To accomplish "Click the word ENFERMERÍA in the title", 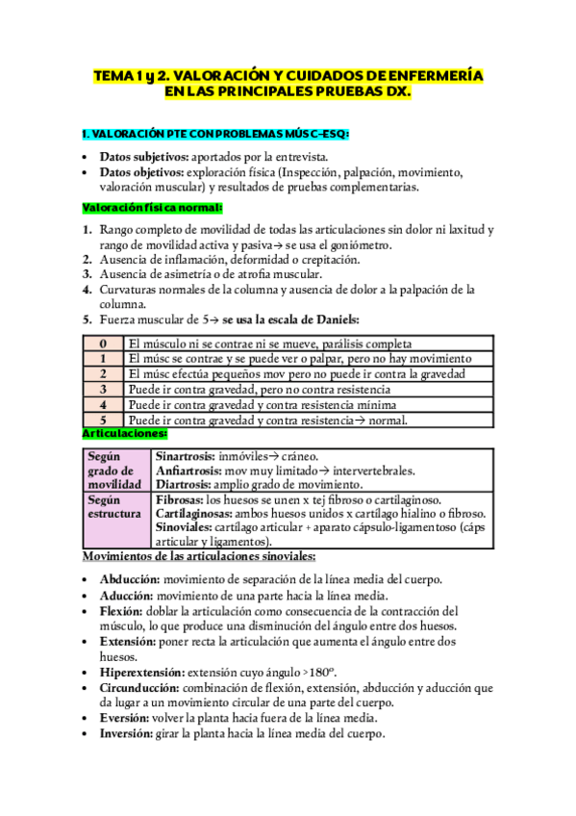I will tap(435, 74).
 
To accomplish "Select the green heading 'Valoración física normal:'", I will tap(152, 208).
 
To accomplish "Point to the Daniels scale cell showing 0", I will tap(102, 344).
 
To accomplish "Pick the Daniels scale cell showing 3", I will tap(102, 390).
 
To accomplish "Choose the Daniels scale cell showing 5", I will tap(102, 421).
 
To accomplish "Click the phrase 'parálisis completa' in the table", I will tap(357, 344).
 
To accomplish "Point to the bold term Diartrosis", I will tap(184, 485).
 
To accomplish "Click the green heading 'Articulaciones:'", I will tap(125, 435).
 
